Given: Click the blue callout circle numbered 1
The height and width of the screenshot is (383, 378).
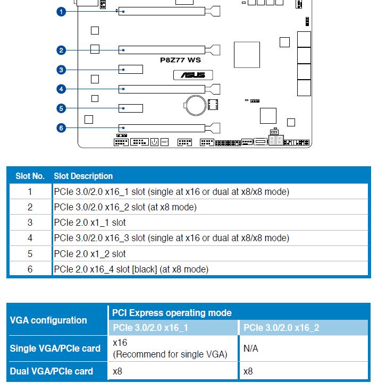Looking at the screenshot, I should [x=61, y=11].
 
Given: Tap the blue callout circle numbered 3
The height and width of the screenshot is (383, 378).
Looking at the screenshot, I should [x=61, y=70].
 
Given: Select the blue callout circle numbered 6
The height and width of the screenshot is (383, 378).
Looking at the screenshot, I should [x=61, y=128].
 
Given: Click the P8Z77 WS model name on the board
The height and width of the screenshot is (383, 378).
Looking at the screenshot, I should [x=180, y=60].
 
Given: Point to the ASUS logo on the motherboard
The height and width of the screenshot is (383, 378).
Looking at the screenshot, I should [x=192, y=75].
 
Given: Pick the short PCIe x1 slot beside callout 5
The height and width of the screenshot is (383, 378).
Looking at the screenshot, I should [x=131, y=108].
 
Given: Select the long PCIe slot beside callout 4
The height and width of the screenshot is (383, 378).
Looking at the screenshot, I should [x=165, y=89].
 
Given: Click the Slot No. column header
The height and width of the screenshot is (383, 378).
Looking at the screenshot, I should [x=30, y=176].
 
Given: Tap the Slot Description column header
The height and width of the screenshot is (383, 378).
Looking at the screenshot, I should [x=83, y=176].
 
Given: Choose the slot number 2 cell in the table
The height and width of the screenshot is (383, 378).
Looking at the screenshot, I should [x=30, y=207].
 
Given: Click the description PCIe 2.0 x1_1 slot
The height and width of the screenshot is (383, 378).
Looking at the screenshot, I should [x=90, y=223].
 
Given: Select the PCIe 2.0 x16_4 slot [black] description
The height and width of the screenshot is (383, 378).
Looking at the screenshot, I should [x=131, y=269].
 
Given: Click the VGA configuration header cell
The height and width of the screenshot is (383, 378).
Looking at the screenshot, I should [x=48, y=320].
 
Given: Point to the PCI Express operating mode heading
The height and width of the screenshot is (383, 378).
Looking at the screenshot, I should [x=172, y=313].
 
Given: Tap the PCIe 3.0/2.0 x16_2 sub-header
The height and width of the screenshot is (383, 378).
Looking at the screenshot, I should [x=281, y=328].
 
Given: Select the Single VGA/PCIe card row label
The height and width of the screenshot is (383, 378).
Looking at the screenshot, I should [x=55, y=349].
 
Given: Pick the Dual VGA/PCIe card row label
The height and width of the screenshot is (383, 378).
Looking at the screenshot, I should [x=52, y=371].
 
